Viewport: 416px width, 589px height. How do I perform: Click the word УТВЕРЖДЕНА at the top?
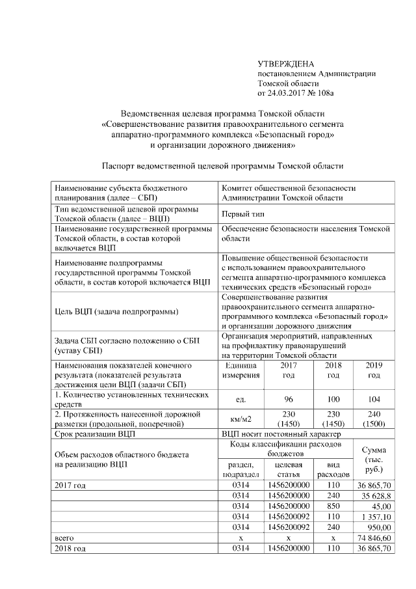(x=285, y=64)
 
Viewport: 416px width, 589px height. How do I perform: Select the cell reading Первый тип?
(x=244, y=213)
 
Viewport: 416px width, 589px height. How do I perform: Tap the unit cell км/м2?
(x=241, y=418)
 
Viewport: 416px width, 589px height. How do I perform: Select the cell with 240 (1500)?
(x=374, y=418)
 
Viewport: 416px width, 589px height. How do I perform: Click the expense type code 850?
(x=333, y=506)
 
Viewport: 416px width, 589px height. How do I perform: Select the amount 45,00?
(x=377, y=506)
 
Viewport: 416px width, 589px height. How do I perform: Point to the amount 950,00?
(x=377, y=527)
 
